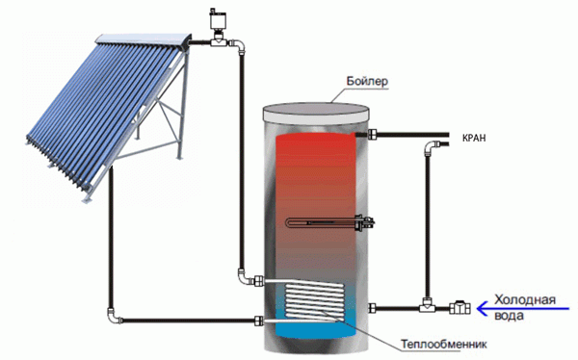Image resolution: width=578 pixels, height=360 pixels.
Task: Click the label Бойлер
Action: click(367, 82)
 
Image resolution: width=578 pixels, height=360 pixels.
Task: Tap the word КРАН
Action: click(474, 139)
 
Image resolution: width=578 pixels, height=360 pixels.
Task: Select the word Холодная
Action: click(525, 299)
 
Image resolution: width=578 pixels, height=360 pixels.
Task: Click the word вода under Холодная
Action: click(510, 316)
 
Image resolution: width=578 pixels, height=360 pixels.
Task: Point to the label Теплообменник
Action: click(444, 345)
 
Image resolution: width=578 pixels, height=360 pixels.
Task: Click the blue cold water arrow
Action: click(523, 308)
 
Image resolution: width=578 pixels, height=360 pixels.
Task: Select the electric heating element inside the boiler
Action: click(330, 222)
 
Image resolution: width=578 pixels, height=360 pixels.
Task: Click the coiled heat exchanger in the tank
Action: click(313, 300)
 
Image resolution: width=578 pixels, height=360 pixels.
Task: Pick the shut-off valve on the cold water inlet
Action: click(460, 308)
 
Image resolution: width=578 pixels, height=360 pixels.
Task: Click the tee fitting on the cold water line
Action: click(427, 305)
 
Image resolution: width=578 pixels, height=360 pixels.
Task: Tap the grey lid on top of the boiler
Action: click(316, 112)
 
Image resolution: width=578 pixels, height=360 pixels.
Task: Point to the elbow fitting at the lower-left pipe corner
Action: click(114, 317)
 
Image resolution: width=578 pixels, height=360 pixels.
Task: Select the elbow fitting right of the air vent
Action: click(238, 45)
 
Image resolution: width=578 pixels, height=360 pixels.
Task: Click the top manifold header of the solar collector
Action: click(144, 40)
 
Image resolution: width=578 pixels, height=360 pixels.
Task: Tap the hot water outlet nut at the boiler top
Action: click(372, 135)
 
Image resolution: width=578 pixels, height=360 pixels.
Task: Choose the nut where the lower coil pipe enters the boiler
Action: click(259, 321)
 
